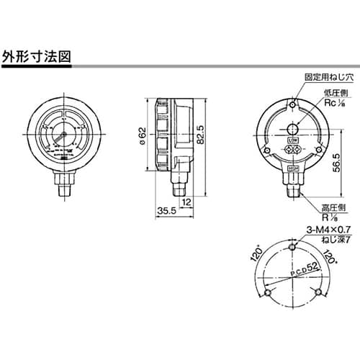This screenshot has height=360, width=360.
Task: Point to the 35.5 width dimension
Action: [166, 212]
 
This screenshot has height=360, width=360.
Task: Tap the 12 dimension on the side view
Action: [186, 202]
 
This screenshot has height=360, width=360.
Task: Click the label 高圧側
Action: [314, 207]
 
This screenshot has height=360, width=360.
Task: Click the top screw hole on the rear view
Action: [292, 107]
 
